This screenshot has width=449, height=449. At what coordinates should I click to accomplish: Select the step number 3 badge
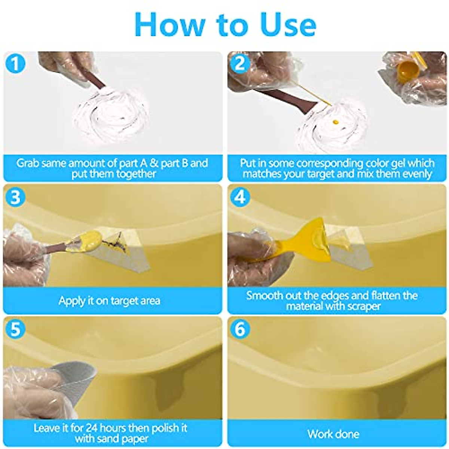tap(15, 197)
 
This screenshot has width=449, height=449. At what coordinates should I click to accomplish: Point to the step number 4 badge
tap(240, 197)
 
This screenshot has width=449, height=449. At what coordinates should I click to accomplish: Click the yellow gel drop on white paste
tap(336, 122)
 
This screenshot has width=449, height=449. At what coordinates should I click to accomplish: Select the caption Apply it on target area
tap(110, 300)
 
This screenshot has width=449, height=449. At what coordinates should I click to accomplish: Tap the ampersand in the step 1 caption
tap(154, 163)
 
